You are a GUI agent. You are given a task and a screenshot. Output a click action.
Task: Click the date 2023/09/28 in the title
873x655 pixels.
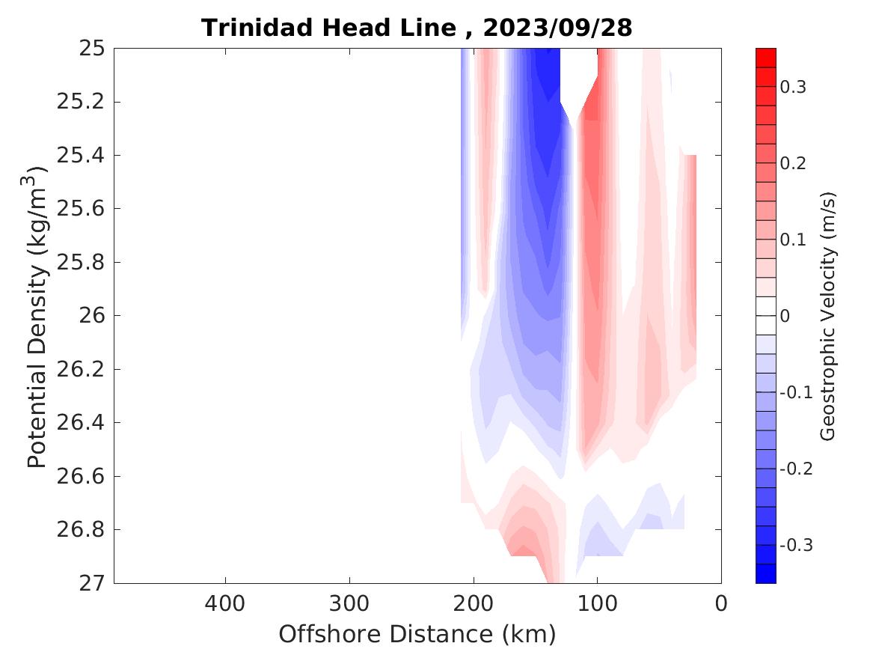pyautogui.click(x=557, y=28)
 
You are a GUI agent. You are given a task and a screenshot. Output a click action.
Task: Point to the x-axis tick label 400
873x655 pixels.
pyautogui.click(x=225, y=603)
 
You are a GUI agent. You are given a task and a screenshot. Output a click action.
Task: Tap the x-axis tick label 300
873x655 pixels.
pyautogui.click(x=349, y=603)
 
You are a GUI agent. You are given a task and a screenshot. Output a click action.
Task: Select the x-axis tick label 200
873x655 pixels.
pyautogui.click(x=474, y=603)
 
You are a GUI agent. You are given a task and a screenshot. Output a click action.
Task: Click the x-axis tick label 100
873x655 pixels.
pyautogui.click(x=598, y=603)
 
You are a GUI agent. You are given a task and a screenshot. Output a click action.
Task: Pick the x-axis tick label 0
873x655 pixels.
pyautogui.click(x=721, y=603)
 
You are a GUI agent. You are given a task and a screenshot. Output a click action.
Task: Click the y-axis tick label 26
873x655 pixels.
pyautogui.click(x=91, y=316)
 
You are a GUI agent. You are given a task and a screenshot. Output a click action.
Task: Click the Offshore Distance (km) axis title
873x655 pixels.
pyautogui.click(x=417, y=635)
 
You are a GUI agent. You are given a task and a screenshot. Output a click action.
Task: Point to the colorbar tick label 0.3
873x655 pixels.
pyautogui.click(x=793, y=87)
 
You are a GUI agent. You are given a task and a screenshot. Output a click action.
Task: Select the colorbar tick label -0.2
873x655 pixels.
pyautogui.click(x=794, y=469)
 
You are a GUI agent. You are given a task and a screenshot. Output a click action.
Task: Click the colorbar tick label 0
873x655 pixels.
pyautogui.click(x=785, y=316)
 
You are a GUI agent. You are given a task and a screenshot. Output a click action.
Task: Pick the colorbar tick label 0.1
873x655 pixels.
pyautogui.click(x=793, y=240)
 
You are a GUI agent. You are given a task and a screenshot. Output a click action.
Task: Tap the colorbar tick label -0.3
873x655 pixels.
pyautogui.click(x=794, y=545)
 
